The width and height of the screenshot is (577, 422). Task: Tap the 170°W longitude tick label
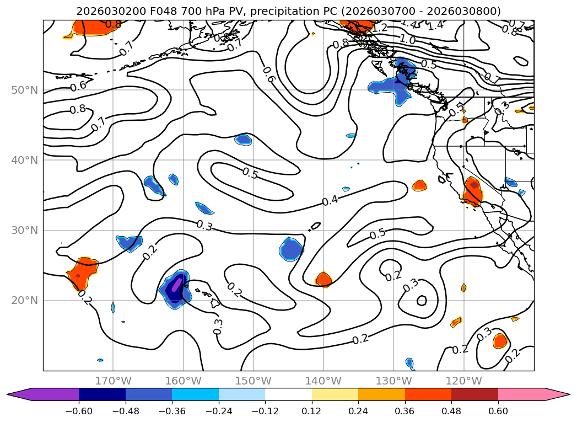click(x=113, y=381)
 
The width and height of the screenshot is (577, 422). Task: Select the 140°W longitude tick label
click(x=323, y=381)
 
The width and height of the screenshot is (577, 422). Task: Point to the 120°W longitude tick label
click(x=463, y=381)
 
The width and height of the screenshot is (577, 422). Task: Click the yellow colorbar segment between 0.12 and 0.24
click(x=335, y=394)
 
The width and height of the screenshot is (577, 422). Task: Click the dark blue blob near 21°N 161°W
click(x=175, y=289)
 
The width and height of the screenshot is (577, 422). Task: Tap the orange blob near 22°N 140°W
click(x=323, y=280)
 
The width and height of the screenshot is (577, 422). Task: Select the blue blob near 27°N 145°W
click(x=291, y=249)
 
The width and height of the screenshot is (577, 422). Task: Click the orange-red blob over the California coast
click(x=473, y=191)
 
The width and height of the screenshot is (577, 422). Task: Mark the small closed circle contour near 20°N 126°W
click(x=422, y=300)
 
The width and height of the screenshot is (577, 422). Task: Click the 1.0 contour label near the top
click(x=407, y=39)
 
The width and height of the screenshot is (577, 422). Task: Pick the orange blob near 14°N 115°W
click(x=500, y=341)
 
